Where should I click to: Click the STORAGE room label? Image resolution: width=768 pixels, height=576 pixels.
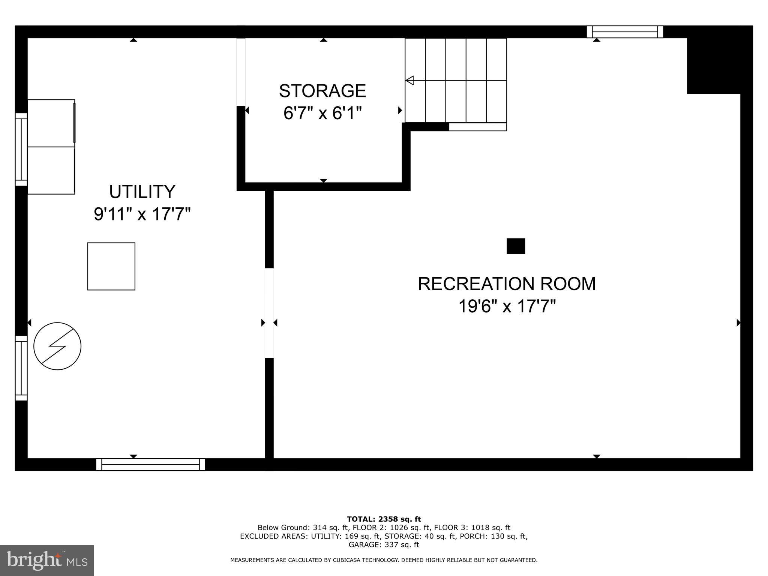tap(322, 91)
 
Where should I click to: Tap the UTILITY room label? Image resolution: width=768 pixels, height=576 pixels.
tap(142, 192)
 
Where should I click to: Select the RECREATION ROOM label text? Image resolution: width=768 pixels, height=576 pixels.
tap(507, 284)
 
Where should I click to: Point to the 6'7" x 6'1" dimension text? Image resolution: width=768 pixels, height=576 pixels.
tap(322, 113)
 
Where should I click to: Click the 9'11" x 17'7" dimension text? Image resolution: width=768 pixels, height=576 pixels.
tap(142, 214)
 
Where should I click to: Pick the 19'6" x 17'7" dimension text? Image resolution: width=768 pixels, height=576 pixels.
tap(507, 307)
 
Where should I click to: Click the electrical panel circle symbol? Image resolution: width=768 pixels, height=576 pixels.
tap(57, 346)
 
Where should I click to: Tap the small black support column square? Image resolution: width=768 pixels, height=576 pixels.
tap(516, 246)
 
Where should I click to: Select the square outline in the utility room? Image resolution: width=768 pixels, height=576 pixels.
tap(111, 266)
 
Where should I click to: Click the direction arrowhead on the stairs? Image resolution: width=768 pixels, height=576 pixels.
tap(410, 80)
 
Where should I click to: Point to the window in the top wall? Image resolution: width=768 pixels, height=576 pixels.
tap(625, 32)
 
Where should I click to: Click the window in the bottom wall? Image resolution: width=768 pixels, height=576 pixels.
tap(150, 465)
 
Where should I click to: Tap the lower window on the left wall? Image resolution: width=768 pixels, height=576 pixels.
tap(21, 368)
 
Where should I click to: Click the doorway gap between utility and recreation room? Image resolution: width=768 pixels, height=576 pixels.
tap(269, 313)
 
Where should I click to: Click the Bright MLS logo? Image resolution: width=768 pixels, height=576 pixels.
tap(46, 561)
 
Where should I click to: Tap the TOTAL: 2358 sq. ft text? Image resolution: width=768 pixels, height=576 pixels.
tap(384, 519)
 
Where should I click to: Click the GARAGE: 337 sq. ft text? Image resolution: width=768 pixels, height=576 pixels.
tap(384, 545)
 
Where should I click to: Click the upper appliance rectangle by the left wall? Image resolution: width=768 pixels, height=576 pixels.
tap(51, 123)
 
